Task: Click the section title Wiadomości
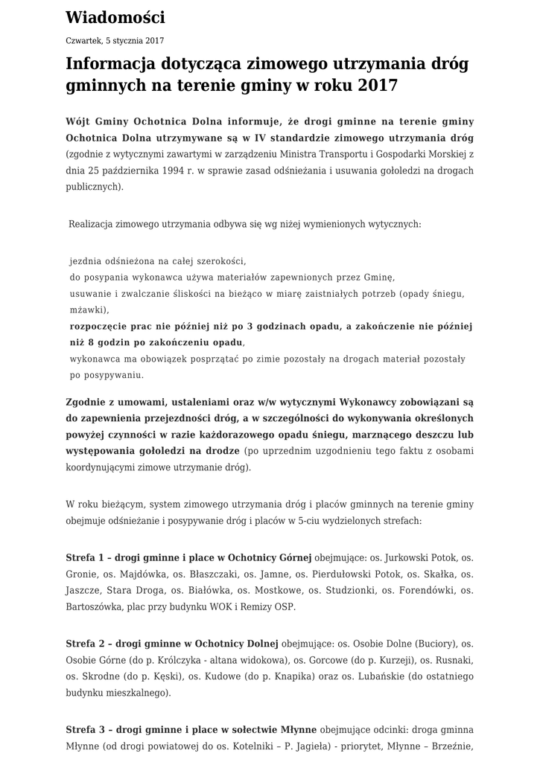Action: click(115, 18)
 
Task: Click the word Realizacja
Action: click(94, 223)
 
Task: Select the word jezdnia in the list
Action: click(86, 262)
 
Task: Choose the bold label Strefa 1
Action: click(85, 557)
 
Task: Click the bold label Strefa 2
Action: click(85, 644)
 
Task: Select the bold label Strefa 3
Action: click(85, 729)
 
